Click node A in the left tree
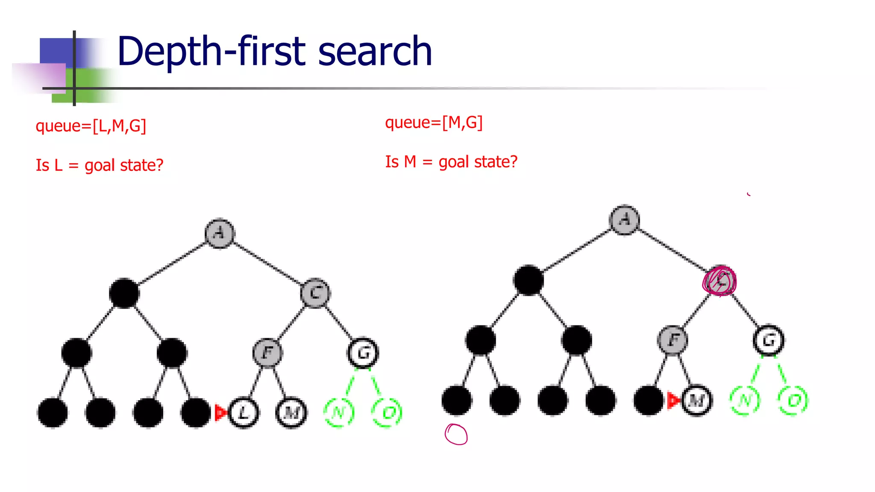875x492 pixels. [x=220, y=233]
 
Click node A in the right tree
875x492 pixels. [x=625, y=220]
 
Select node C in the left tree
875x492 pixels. [x=315, y=293]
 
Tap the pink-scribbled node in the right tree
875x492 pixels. [x=720, y=281]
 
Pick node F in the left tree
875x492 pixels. [x=267, y=353]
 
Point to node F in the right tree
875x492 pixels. [x=672, y=340]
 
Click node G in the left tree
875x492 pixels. [x=363, y=353]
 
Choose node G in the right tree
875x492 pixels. [x=768, y=340]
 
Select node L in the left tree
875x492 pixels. [x=244, y=413]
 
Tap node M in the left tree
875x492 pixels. [x=291, y=413]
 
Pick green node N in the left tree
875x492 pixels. [x=339, y=413]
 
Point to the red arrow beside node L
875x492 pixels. [x=221, y=413]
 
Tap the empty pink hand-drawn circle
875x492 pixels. [x=456, y=434]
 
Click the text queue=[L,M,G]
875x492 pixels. [x=91, y=126]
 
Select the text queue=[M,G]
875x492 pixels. [x=434, y=123]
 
